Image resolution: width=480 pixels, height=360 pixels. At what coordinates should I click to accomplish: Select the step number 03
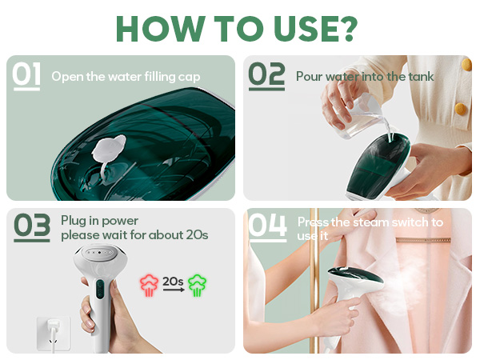32,227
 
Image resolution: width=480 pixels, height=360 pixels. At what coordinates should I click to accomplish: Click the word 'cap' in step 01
190,77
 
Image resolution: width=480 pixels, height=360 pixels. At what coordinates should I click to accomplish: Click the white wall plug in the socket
47,330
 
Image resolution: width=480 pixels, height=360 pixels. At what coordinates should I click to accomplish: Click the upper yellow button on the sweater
462,107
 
